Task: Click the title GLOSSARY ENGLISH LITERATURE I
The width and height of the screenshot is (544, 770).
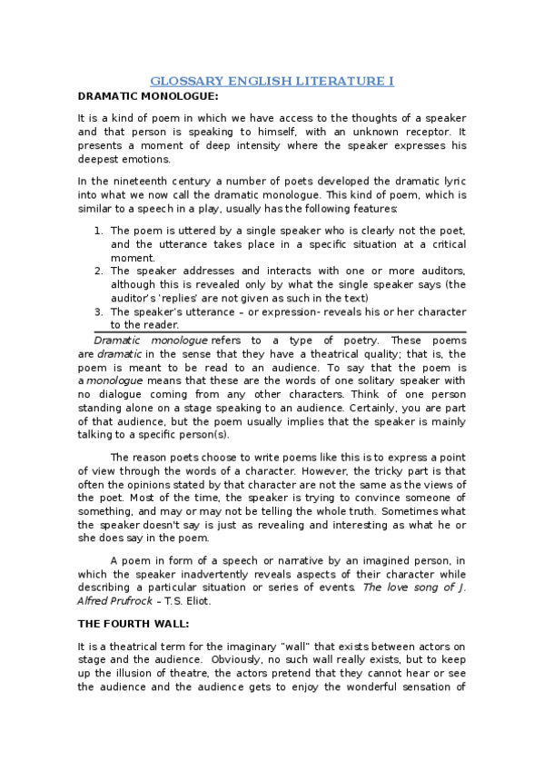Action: pyautogui.click(x=272, y=81)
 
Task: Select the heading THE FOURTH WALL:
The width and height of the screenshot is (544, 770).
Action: pyautogui.click(x=134, y=624)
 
